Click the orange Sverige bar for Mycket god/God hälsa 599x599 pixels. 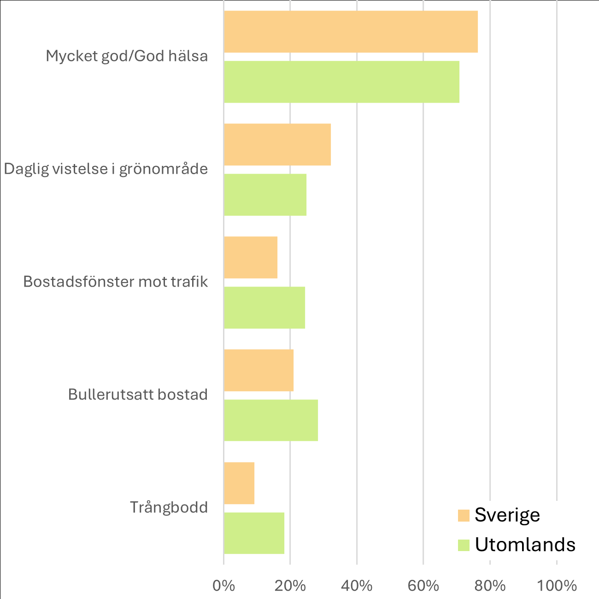tap(351, 31)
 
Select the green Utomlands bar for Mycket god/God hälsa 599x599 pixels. tap(341, 82)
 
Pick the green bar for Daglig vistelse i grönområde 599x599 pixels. tap(265, 194)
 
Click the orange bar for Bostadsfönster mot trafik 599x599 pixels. tap(251, 257)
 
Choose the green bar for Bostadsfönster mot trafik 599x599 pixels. tap(264, 307)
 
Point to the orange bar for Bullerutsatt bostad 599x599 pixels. tap(258, 370)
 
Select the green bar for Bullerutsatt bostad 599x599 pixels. tap(271, 420)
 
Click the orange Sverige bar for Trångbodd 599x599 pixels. tap(239, 483)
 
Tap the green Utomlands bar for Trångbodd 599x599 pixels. tap(254, 533)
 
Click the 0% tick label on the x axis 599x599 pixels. tap(223, 586)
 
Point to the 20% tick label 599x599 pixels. tap(290, 586)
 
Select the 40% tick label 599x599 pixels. tap(357, 586)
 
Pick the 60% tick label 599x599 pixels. tap(423, 586)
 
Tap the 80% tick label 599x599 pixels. tap(490, 586)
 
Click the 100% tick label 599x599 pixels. tap(557, 586)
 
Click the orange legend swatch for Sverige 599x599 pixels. tap(464, 515)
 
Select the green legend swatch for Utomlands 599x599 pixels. tap(464, 545)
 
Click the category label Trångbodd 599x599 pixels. tap(169, 507)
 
